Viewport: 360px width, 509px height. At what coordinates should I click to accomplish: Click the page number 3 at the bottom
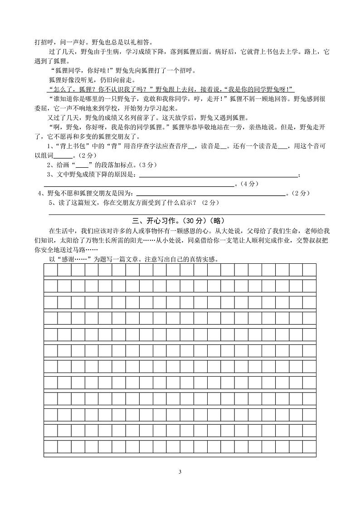[x=180, y=472]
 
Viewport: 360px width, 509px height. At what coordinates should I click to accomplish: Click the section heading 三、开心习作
[x=158, y=221]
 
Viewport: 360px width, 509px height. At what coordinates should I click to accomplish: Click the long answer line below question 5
[x=186, y=213]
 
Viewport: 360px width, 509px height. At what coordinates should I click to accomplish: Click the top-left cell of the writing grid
[x=51, y=271]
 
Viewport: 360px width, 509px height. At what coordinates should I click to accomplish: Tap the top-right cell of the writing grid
[x=309, y=271]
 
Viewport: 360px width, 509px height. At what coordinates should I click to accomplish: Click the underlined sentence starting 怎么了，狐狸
[x=170, y=88]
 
